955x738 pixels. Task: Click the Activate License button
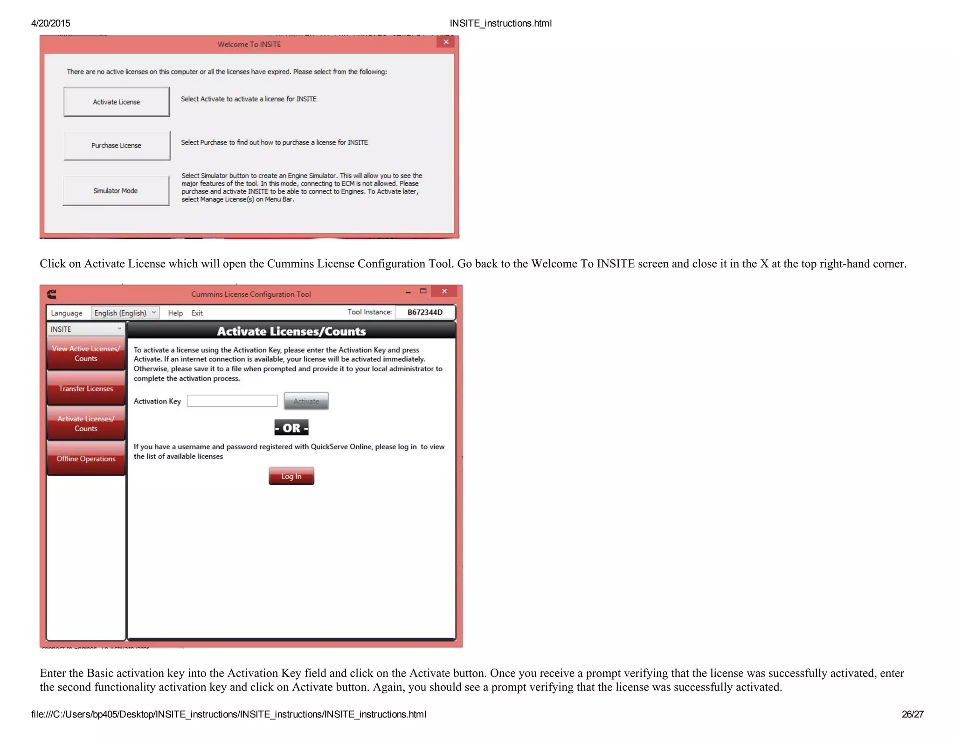(117, 102)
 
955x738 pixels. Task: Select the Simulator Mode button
(116, 191)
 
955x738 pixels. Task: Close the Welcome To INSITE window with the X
(446, 42)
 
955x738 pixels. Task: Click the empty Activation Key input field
(232, 401)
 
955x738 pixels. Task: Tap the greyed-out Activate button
(306, 401)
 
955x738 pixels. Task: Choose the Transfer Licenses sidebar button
(86, 389)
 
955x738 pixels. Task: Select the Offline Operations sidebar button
(86, 459)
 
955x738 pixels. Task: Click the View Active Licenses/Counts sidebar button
(86, 354)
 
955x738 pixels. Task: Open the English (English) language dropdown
(125, 313)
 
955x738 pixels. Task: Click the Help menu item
(175, 313)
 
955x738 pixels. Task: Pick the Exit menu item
(197, 313)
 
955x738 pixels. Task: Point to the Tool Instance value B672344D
(425, 313)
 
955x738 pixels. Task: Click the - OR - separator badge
(291, 428)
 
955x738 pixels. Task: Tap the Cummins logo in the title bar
(52, 294)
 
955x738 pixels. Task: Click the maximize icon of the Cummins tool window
(423, 291)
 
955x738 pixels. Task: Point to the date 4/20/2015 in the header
(50, 23)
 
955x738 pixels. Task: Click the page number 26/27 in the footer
(912, 714)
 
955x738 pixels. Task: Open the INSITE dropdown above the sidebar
(86, 329)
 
